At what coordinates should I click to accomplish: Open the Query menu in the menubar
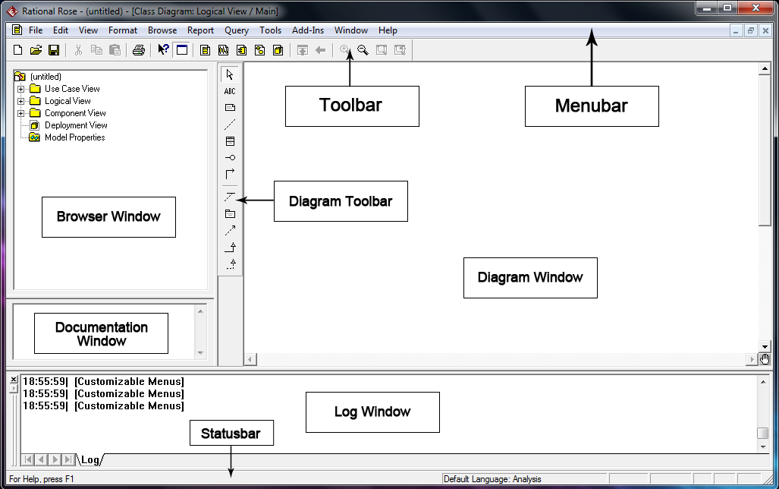coord(237,30)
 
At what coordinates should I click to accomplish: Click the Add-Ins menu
coord(308,30)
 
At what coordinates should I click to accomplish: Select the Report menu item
coord(201,30)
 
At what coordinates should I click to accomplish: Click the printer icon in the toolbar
coord(138,50)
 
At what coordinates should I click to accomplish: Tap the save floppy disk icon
coord(54,50)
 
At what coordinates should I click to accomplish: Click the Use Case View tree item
coord(72,89)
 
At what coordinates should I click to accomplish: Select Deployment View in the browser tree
coord(76,125)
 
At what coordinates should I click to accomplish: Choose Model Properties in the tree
coord(74,137)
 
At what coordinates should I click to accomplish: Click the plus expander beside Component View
coord(21,113)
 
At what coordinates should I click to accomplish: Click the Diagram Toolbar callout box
coord(341,201)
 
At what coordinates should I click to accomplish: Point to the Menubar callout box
coord(592,106)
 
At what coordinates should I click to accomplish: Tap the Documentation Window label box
coord(101,333)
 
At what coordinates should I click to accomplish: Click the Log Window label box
coord(372,412)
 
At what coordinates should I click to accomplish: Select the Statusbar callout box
coord(231,434)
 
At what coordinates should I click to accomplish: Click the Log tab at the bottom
coord(90,459)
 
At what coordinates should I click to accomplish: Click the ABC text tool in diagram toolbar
coord(230,91)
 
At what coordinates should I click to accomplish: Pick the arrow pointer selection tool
coord(230,74)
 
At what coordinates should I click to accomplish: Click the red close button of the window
coord(756,8)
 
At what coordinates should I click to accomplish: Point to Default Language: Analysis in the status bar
coord(493,479)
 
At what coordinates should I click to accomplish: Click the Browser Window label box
coord(108,216)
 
